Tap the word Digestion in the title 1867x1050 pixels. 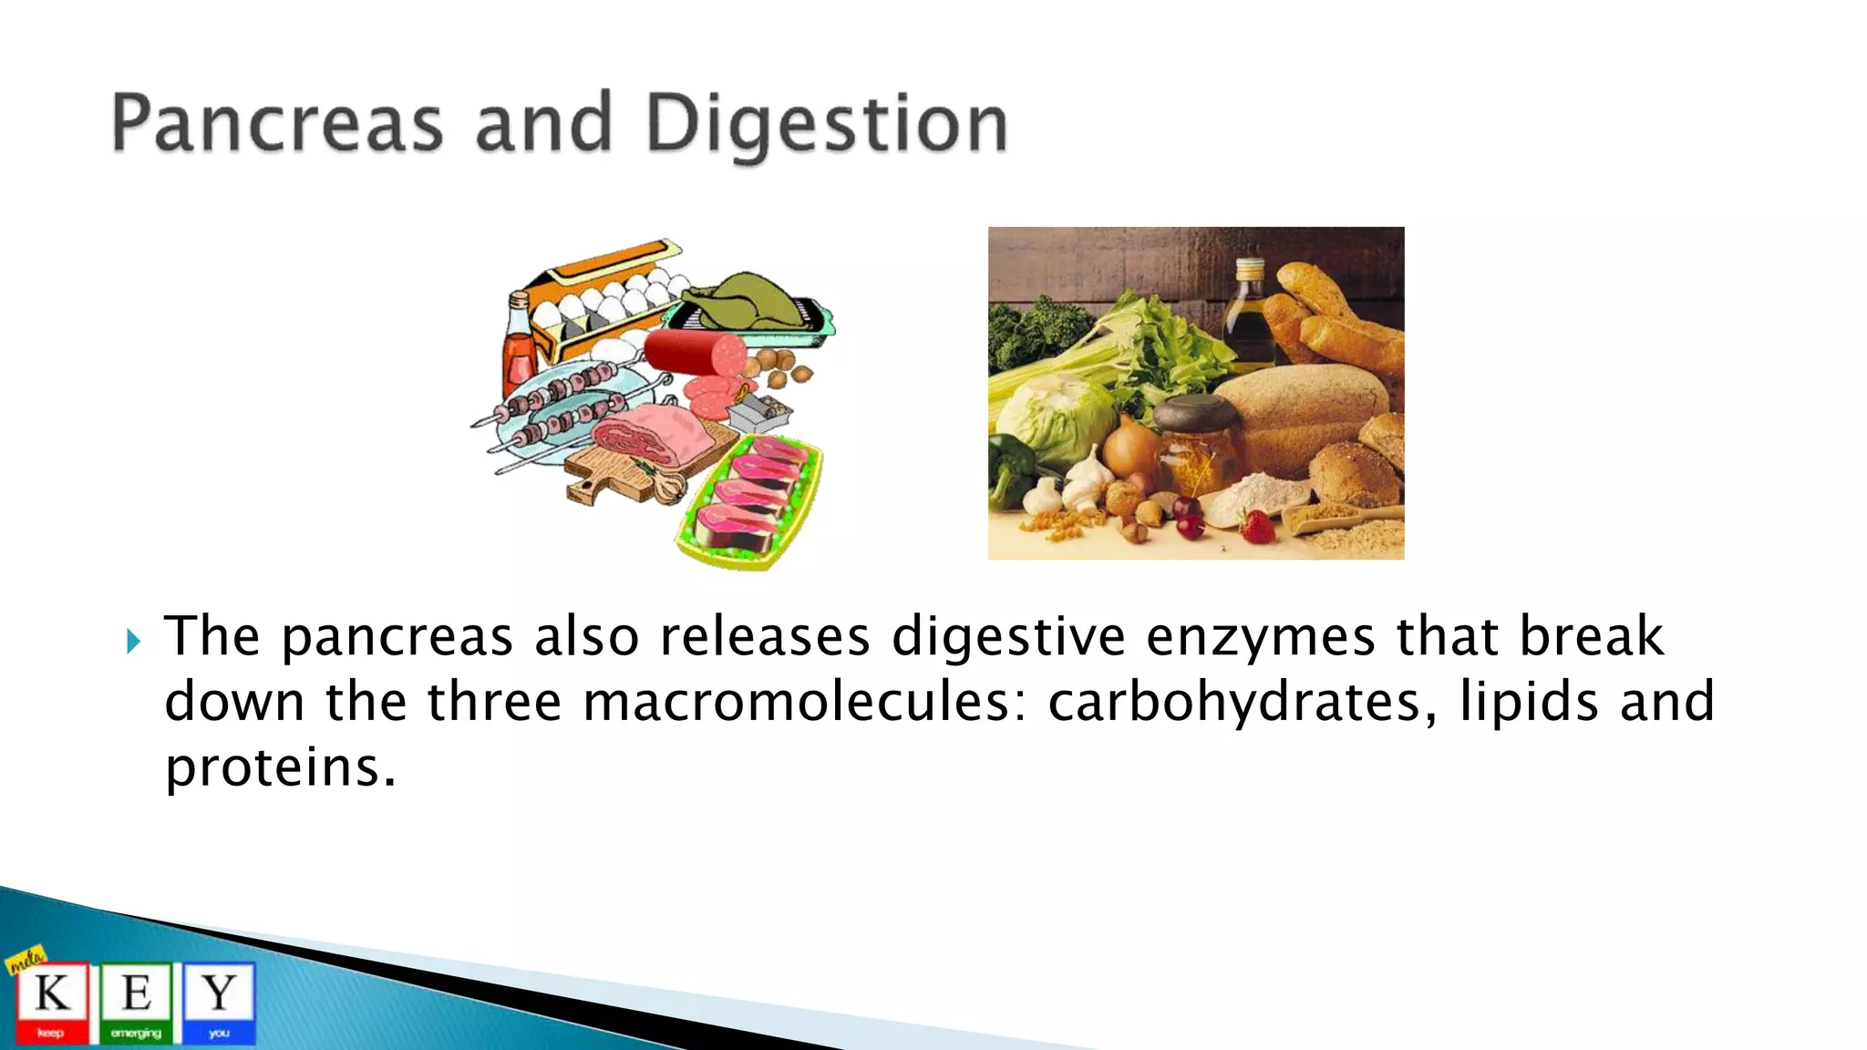coord(826,126)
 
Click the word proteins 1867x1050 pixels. coord(279,767)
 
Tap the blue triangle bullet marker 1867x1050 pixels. coord(134,642)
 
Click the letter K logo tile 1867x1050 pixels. coord(52,1001)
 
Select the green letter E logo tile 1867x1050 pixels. coord(136,1001)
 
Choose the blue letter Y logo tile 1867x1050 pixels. coord(219,1001)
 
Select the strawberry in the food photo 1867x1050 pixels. coord(1257,527)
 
